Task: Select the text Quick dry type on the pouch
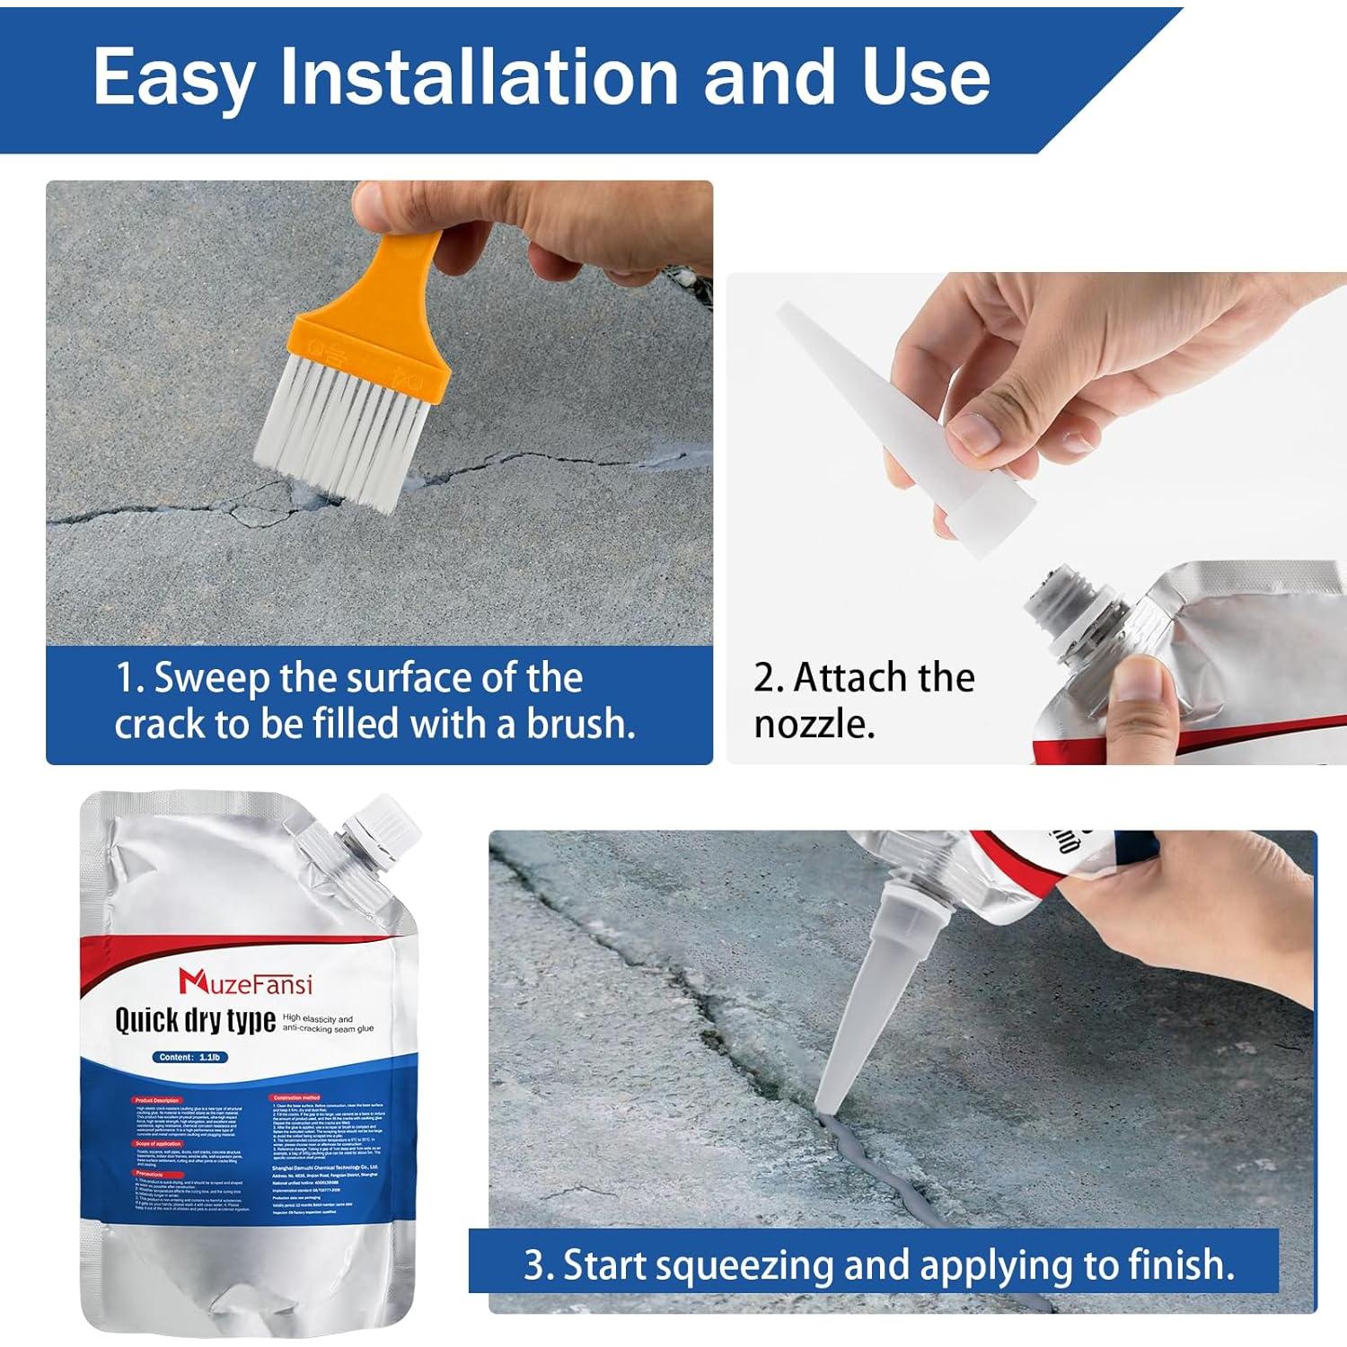click(195, 1021)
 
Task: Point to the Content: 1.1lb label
click(189, 1057)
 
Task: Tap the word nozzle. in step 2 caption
click(814, 724)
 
